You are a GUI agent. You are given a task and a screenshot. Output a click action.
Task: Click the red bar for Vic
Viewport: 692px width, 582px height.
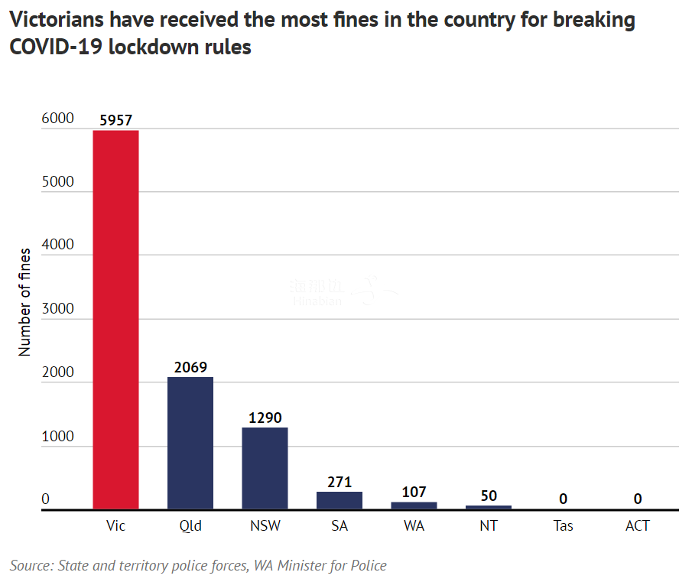point(115,320)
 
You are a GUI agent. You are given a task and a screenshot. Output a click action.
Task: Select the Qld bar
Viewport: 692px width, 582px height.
point(190,443)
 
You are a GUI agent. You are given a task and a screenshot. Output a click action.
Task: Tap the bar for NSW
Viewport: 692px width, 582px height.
point(265,468)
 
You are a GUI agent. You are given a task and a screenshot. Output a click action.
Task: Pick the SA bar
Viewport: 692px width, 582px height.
point(340,500)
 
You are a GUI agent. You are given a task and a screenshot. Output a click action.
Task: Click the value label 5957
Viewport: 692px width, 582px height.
point(115,120)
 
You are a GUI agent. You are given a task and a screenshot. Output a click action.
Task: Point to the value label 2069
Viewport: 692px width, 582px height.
point(190,367)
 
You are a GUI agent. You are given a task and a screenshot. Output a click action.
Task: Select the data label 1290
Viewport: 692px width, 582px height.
point(265,418)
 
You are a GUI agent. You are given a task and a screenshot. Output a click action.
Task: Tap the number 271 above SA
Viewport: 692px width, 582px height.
point(340,482)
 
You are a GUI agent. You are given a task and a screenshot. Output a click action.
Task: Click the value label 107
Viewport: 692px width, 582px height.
point(414,492)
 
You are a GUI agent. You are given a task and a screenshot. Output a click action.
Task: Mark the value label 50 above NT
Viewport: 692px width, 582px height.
point(489,496)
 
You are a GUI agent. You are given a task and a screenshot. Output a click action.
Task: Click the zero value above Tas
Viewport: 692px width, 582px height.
point(563,499)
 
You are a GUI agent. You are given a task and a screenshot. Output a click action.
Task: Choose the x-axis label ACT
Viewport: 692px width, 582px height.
point(637,526)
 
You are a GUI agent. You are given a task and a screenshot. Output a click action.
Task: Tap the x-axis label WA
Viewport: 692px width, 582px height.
point(414,526)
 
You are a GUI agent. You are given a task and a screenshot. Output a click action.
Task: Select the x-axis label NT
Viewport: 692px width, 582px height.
point(489,526)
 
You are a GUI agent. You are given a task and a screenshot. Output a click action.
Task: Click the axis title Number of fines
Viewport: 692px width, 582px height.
point(25,302)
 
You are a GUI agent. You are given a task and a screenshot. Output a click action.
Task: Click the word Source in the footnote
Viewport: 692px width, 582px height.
point(30,566)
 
